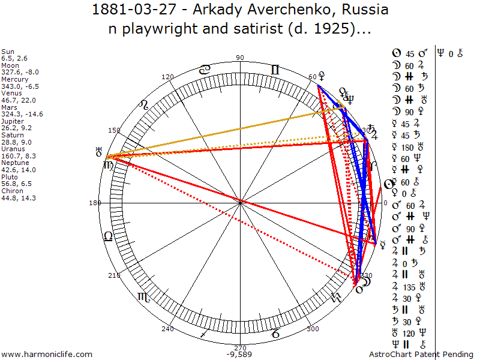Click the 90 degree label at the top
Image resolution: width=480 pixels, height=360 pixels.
(x=241, y=58)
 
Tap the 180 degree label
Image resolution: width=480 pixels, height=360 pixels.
(x=94, y=203)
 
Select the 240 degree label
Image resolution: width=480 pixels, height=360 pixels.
(x=167, y=329)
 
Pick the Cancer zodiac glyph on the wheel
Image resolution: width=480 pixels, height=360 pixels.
(x=205, y=70)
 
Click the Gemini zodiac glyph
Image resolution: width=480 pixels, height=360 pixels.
(x=275, y=70)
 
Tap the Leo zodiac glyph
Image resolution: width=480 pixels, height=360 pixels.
(x=143, y=106)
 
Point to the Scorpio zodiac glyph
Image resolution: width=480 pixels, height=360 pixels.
(x=145, y=296)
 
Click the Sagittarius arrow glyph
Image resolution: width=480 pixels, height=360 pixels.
(x=205, y=333)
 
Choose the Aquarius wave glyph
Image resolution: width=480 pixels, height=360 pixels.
(x=337, y=297)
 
